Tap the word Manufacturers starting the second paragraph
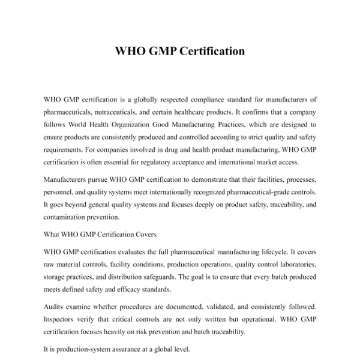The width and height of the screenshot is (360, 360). click(x=67, y=179)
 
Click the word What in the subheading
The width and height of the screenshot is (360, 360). click(x=53, y=233)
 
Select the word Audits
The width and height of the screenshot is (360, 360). click(x=55, y=305)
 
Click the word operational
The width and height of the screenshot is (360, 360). click(x=240, y=318)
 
